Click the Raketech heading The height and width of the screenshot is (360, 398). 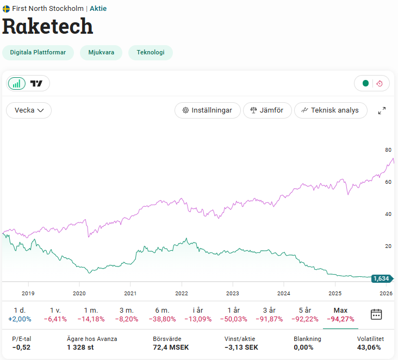48,26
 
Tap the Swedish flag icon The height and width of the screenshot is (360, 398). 7,9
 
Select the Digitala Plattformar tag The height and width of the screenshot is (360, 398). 38,53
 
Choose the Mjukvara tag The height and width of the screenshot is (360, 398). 101,53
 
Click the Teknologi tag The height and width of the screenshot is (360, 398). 151,53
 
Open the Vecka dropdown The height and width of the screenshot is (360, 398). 29,110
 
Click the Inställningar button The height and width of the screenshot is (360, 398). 208,110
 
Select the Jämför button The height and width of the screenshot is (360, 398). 267,110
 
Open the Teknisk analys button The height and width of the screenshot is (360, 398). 331,110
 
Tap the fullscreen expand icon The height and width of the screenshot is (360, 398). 382,110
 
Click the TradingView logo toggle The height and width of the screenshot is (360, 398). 37,83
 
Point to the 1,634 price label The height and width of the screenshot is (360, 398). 381,278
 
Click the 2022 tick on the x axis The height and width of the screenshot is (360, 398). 182,293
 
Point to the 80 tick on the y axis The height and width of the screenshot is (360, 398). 388,150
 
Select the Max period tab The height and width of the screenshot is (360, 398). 340,314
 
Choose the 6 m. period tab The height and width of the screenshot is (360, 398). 162,314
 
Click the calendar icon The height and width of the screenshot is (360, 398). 376,314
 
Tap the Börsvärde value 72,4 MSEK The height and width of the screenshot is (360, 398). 171,347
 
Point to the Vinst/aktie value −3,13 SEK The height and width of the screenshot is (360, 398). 240,347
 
